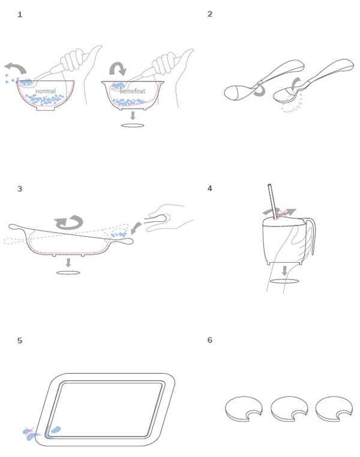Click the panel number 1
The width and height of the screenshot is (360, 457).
click(20, 14)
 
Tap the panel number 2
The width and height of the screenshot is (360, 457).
click(210, 14)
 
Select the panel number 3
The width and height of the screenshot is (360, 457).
click(20, 188)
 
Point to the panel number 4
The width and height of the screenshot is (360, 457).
click(210, 188)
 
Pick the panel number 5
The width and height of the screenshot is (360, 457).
click(20, 341)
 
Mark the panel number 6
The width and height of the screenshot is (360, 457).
click(210, 340)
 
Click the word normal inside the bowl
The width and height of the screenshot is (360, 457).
click(45, 91)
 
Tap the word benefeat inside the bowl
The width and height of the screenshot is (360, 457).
click(133, 91)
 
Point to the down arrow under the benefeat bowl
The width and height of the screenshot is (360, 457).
click(133, 115)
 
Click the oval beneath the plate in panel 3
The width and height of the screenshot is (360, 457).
click(68, 273)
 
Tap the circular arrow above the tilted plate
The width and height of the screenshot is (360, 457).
click(69, 223)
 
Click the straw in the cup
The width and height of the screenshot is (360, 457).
click(272, 201)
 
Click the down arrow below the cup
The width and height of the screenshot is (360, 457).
click(284, 270)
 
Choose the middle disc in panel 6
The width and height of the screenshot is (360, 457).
click(289, 409)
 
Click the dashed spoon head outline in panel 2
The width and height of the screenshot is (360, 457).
click(291, 106)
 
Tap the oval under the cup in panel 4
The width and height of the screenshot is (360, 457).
click(284, 281)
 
